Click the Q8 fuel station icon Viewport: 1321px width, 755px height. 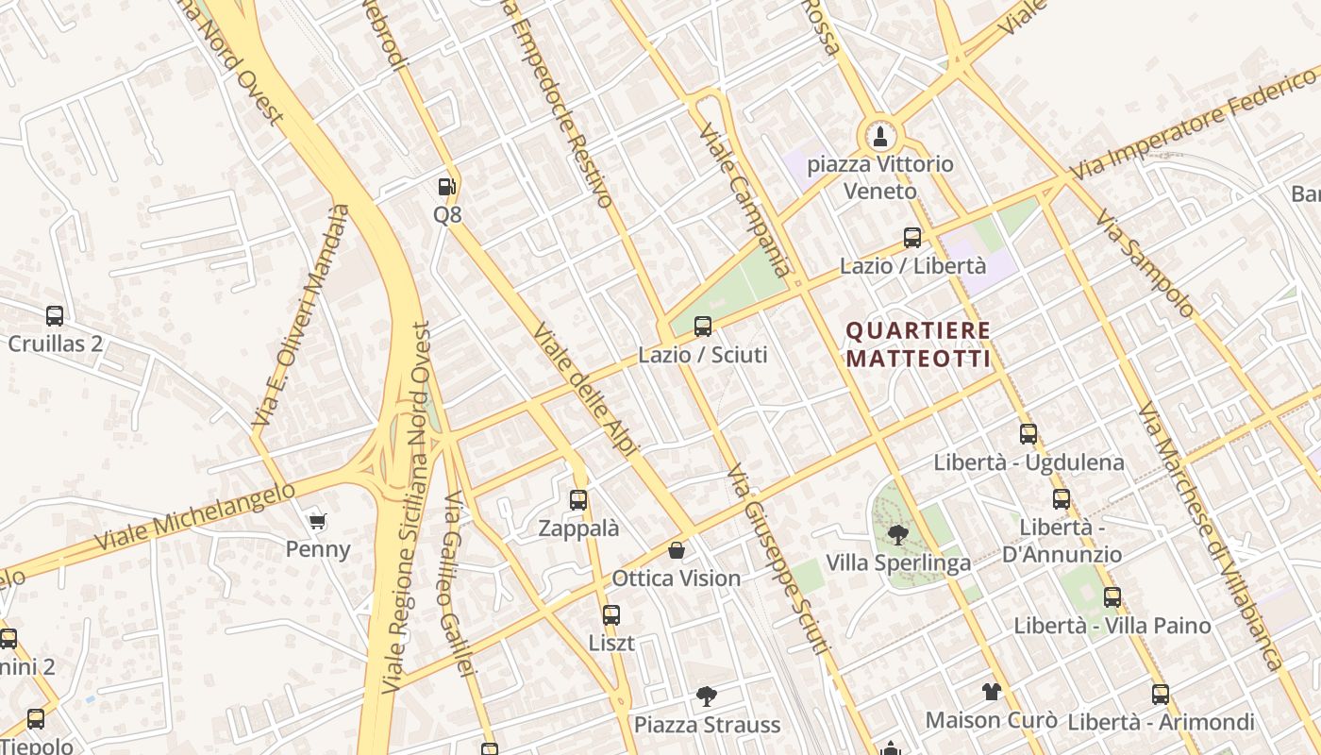[447, 187]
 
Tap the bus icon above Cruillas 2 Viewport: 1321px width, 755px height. [55, 316]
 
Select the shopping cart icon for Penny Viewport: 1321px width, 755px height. [318, 521]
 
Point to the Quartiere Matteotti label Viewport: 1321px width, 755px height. [918, 344]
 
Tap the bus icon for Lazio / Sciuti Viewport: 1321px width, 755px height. [703, 327]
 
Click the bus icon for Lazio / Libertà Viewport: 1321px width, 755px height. [912, 238]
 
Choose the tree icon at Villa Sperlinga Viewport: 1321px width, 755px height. [897, 535]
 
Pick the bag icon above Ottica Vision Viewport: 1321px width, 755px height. [677, 550]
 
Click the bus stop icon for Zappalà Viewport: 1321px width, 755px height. [578, 500]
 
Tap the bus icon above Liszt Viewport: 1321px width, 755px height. [611, 615]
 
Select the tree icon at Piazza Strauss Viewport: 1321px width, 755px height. [706, 696]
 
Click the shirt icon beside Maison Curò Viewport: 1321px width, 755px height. [991, 692]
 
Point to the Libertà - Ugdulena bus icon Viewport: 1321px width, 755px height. [1028, 434]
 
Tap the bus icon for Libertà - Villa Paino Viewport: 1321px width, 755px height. [1112, 596]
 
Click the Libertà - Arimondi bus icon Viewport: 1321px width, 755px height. [1161, 695]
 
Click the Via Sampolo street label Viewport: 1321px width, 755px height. [1144, 262]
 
